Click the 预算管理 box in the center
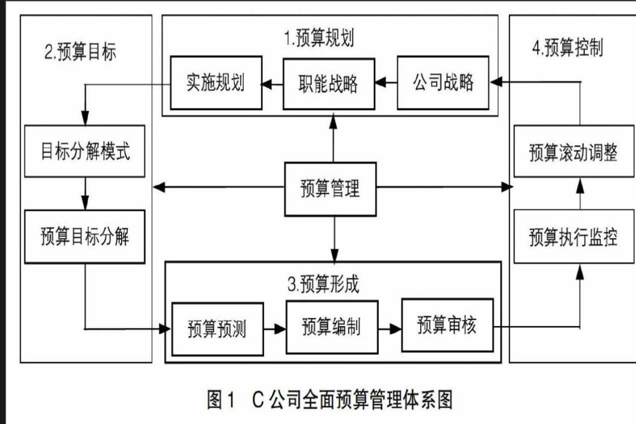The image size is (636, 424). pos(330,189)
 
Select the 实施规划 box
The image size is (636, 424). pos(215,83)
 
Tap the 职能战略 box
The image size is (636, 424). pos(328,83)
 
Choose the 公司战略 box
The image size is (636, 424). pos(443,83)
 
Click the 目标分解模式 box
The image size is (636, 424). pos(85,152)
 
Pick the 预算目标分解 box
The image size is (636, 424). pos(85,236)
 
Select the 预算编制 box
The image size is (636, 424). pos(332,327)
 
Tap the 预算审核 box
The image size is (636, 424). pos(447,326)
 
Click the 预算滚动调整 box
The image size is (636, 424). pos(573,153)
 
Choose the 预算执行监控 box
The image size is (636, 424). pos(573,237)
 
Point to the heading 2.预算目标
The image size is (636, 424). pos(80,52)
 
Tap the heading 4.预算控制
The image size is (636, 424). pos(567,48)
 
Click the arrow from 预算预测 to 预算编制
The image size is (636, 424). pos(275,328)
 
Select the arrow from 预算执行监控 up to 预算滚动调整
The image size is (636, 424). pos(579,194)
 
